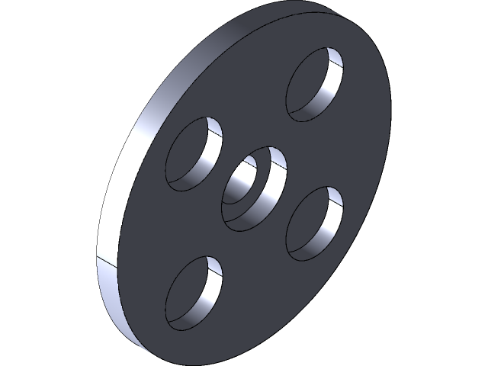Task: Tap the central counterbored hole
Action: [x=253, y=188]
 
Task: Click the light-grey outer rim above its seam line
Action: [x=130, y=168]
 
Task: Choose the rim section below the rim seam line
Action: [x=114, y=305]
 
